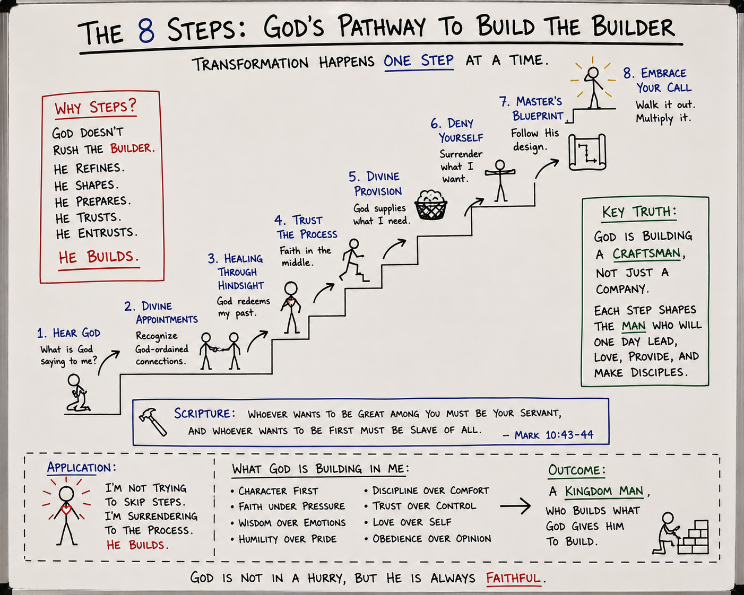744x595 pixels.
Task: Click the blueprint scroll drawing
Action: (587, 152)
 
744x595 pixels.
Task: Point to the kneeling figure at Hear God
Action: (78, 392)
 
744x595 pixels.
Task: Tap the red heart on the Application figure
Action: (66, 509)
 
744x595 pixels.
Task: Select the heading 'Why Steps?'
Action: (96, 107)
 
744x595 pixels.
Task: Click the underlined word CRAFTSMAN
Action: (646, 254)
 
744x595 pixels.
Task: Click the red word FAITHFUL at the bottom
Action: (513, 577)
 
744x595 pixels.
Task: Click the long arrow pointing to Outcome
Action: (515, 506)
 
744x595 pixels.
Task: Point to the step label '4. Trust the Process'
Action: (306, 227)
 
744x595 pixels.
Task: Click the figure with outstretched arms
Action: (500, 180)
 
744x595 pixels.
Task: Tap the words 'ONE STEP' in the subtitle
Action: (419, 61)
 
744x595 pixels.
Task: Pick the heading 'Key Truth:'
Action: (639, 212)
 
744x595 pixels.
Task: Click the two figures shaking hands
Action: (220, 351)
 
